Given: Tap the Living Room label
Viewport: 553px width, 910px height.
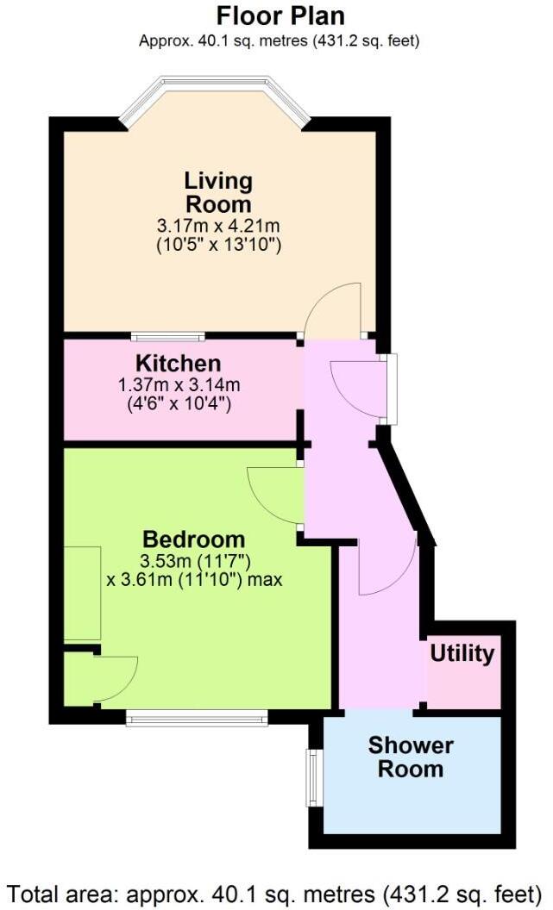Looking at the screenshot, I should coord(218,193).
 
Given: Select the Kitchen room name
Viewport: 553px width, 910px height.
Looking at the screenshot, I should coord(178,363).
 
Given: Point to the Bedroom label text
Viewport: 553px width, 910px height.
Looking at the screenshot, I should coord(194,540).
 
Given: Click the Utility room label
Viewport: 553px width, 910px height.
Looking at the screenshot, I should coord(462,653).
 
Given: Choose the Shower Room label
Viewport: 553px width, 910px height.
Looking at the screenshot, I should coord(411,757).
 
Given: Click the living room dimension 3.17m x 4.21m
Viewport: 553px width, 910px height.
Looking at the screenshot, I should coord(219,226).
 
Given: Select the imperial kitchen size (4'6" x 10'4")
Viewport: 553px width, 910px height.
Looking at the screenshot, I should coord(179,402).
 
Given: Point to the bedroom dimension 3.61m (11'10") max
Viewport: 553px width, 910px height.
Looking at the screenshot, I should coord(194,580).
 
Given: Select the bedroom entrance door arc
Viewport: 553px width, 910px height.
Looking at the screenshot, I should coord(272,496).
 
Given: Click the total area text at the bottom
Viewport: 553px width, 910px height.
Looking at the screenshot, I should coord(275,891).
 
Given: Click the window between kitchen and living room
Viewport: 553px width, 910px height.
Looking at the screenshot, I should coord(167,336).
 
